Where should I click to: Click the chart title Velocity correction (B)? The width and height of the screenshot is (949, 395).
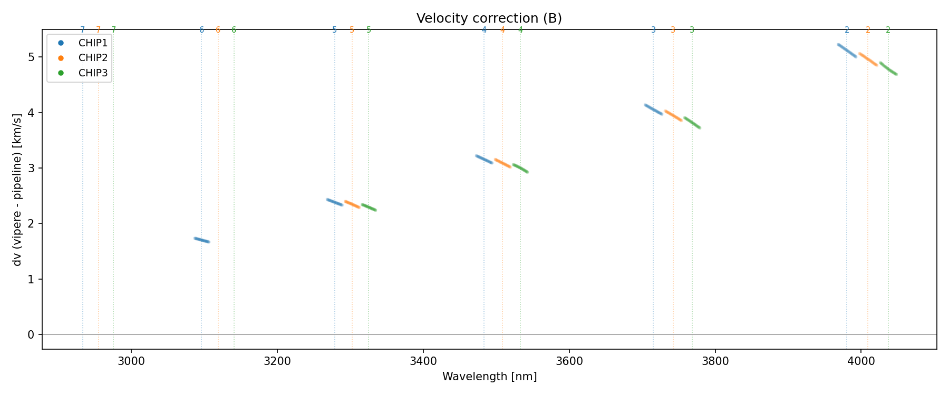tap(489, 18)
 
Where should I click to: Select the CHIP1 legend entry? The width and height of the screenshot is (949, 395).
tap(93, 43)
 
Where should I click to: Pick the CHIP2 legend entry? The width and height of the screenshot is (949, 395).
tap(93, 58)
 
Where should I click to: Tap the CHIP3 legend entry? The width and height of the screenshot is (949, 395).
tap(93, 73)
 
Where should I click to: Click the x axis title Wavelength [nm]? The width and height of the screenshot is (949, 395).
tap(489, 377)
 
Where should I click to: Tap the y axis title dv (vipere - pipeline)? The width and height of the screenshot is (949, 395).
tap(18, 189)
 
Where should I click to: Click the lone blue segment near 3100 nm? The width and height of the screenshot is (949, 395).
tap(202, 240)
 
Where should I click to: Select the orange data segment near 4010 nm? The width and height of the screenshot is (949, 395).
tap(868, 59)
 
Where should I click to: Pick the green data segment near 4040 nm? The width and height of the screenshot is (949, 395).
tap(888, 68)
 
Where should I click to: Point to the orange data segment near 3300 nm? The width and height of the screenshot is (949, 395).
tap(352, 204)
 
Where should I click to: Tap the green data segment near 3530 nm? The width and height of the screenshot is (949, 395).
tap(520, 169)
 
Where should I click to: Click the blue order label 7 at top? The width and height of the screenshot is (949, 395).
tap(82, 30)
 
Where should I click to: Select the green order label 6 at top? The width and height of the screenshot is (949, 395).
tap(234, 30)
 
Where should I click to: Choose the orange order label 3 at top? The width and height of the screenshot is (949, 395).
tap(673, 30)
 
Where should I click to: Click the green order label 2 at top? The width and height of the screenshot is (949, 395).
tap(888, 30)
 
